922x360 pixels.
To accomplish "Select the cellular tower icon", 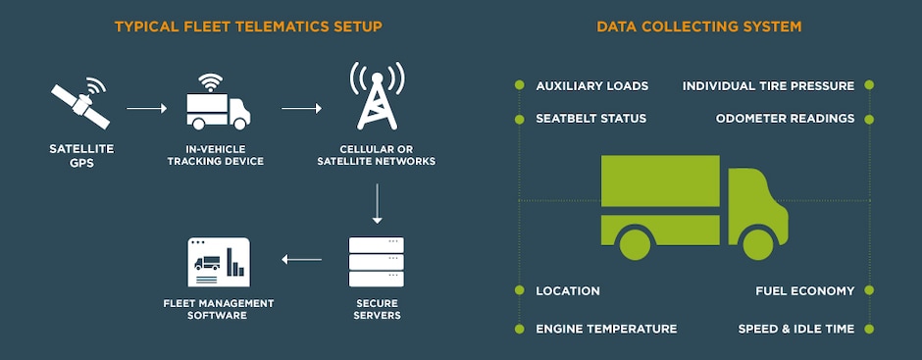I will [x=378, y=97].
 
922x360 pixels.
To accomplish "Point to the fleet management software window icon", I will [x=219, y=261].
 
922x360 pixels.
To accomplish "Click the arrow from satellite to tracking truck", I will [x=148, y=108].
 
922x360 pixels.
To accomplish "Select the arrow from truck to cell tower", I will [x=302, y=108].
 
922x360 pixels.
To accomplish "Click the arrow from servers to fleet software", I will [x=301, y=260].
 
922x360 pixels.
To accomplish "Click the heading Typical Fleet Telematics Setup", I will [x=248, y=26].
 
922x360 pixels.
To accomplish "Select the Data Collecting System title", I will [x=698, y=26].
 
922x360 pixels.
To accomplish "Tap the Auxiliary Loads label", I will [x=591, y=86].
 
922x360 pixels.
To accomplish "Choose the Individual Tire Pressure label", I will [x=768, y=86].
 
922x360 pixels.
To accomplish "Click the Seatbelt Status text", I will [x=590, y=119].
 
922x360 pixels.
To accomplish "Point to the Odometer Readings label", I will [x=785, y=119].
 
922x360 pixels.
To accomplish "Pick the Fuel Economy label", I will [x=804, y=291].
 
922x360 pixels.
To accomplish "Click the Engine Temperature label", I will [x=606, y=329].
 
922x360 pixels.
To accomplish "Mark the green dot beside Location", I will [x=519, y=291].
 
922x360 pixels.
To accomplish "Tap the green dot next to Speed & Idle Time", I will [x=869, y=329].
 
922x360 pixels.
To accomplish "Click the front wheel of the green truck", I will [x=758, y=242].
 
